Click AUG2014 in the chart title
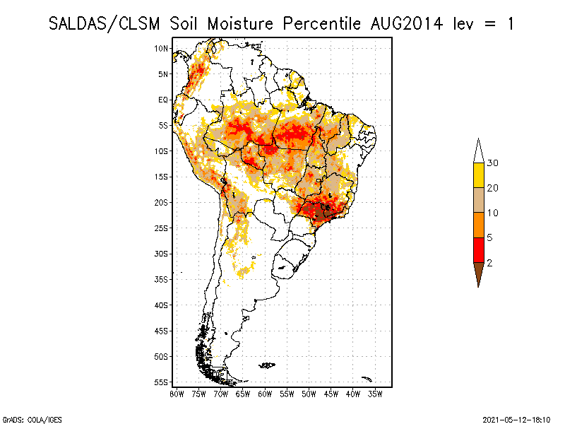406,23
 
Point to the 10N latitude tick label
161,48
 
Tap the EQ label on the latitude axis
163,100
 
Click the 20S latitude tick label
161,202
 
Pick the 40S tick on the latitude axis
161,305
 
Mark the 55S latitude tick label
161,382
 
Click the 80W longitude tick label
177,394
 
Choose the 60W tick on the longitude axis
265,394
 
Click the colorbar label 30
493,163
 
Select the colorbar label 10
493,213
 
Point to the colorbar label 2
489,262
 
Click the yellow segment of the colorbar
478,175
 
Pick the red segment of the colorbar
478,249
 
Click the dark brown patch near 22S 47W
322,211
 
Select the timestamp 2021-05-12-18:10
516,418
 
